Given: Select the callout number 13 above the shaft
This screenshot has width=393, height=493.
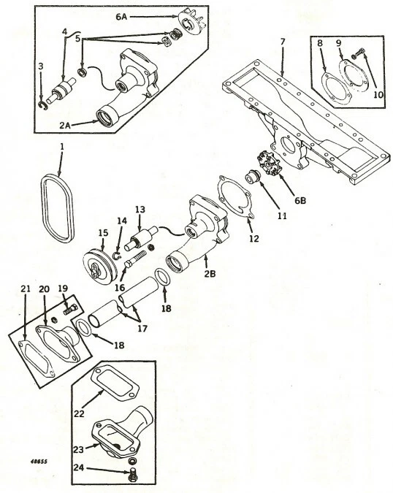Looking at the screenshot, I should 140,209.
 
